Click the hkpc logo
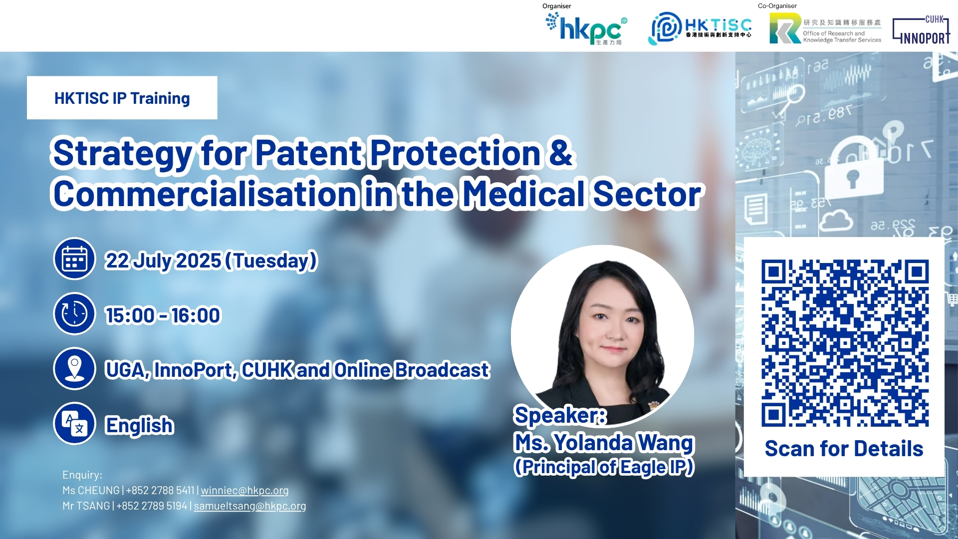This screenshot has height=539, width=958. [586, 28]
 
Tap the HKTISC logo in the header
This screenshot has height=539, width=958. [700, 28]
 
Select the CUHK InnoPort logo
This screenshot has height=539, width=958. [921, 30]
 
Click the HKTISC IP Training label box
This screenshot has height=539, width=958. [122, 98]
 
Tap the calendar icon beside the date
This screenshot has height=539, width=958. [74, 259]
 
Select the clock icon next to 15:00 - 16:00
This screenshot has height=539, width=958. [74, 313]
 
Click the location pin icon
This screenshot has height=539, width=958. [74, 368]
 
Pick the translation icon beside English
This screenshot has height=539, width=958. [74, 423]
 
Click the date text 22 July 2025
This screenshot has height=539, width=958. [163, 261]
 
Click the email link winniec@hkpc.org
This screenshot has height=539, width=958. [244, 491]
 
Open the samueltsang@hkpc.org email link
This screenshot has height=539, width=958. [250, 506]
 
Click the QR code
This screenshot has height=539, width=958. [845, 343]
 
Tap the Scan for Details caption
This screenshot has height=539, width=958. [844, 449]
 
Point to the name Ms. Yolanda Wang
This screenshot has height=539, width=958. [604, 443]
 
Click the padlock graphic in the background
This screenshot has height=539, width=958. [851, 170]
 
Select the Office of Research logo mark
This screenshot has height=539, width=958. [785, 28]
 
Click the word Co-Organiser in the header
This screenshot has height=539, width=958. [777, 6]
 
